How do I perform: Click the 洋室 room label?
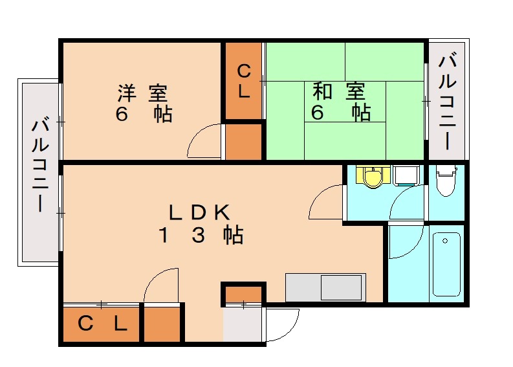click(146, 93)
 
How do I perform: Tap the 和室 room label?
click(338, 91)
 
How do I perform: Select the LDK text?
click(199, 212)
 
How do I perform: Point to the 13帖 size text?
click(201, 235)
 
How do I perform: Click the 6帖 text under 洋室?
click(144, 115)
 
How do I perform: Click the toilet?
click(446, 181)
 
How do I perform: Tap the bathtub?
click(446, 262)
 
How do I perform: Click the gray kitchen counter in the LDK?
click(325, 287)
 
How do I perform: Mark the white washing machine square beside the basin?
click(406, 175)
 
